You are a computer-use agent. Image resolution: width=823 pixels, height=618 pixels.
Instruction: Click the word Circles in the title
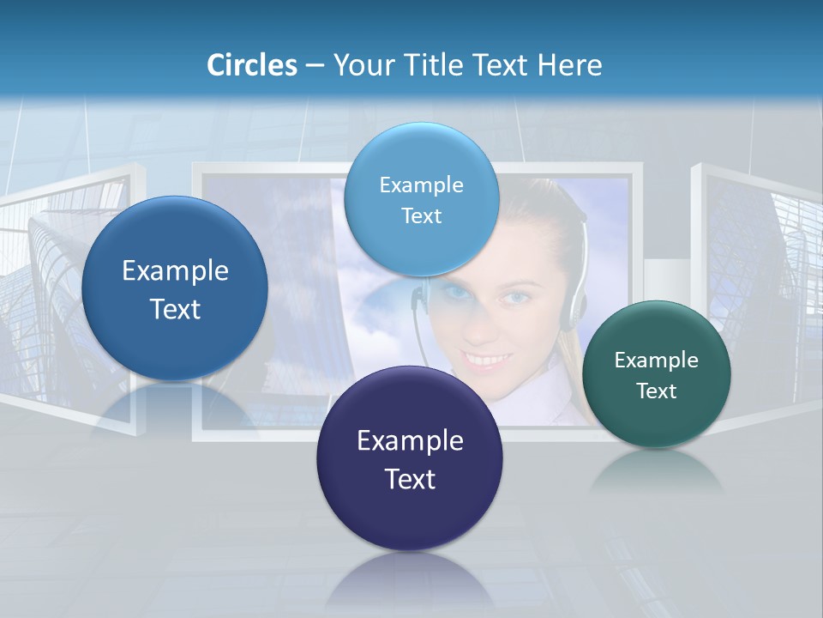(251, 65)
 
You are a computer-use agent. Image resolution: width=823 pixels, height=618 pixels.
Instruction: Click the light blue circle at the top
(421, 199)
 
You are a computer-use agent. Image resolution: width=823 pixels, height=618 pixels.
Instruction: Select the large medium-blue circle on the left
(175, 289)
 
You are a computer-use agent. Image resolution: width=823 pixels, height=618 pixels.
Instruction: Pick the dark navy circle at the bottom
(410, 459)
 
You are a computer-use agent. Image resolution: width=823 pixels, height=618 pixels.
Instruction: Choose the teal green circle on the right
(657, 374)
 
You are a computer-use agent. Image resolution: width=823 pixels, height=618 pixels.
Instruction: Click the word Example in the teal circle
(657, 360)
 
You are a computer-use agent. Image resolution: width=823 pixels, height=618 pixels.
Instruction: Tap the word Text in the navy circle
(410, 479)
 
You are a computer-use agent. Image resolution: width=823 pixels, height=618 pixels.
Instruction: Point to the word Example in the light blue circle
(421, 185)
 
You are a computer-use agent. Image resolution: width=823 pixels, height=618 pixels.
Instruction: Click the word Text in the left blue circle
(175, 309)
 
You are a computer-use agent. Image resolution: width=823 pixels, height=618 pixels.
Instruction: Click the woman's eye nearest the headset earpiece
(517, 297)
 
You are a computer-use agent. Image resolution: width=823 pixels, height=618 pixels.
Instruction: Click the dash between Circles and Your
(315, 65)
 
